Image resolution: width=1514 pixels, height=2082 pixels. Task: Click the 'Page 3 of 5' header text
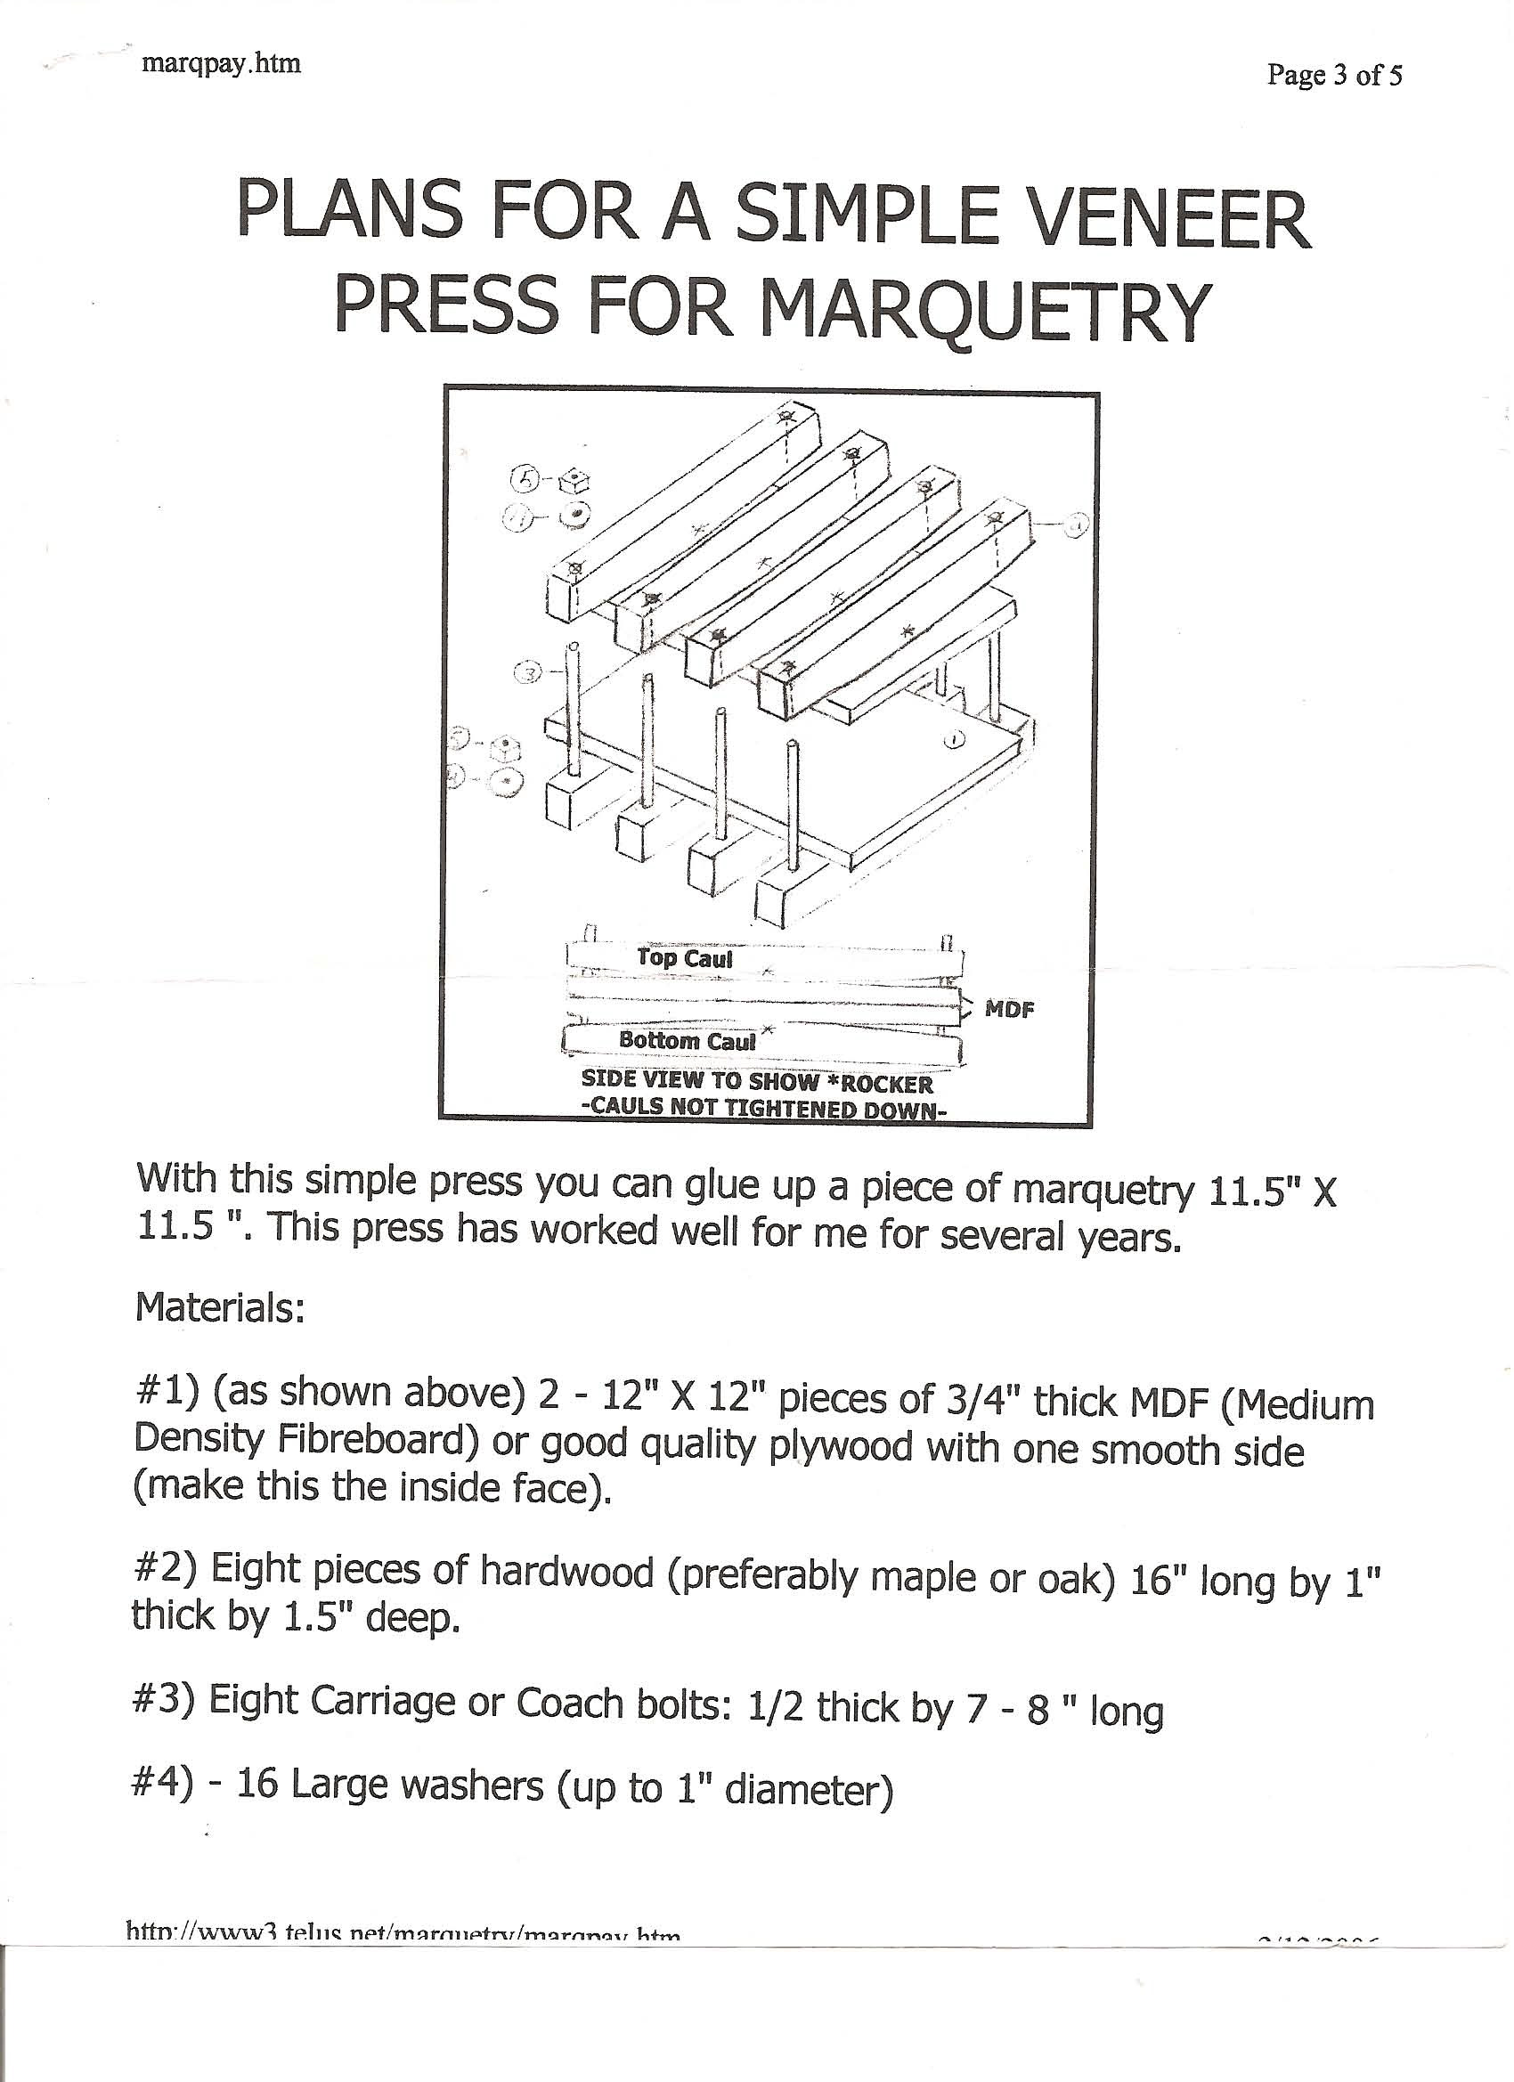[x=1334, y=76]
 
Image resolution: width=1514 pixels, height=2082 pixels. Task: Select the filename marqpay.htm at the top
[x=221, y=65]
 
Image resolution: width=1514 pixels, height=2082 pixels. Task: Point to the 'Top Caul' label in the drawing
[x=685, y=958]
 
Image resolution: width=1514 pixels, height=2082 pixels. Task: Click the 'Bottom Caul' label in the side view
[x=687, y=1040]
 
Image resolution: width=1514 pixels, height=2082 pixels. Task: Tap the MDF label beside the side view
[x=1009, y=1010]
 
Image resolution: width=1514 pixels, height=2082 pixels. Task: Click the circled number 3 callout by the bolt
[x=529, y=673]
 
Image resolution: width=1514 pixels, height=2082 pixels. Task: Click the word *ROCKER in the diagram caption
[x=886, y=1083]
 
